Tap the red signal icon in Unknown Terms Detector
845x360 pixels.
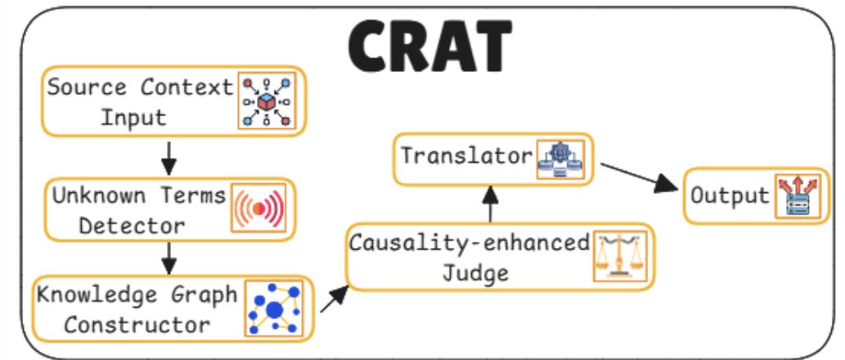tap(258, 208)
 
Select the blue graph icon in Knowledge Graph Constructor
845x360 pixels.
tap(272, 308)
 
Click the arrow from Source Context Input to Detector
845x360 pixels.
tap(169, 157)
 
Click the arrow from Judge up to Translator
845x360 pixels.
tap(491, 203)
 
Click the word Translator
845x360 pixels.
tap(465, 155)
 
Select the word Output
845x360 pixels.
tap(730, 196)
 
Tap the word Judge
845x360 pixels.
tap(475, 272)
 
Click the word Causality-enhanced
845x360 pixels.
tap(470, 243)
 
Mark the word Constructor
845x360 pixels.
tap(137, 324)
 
